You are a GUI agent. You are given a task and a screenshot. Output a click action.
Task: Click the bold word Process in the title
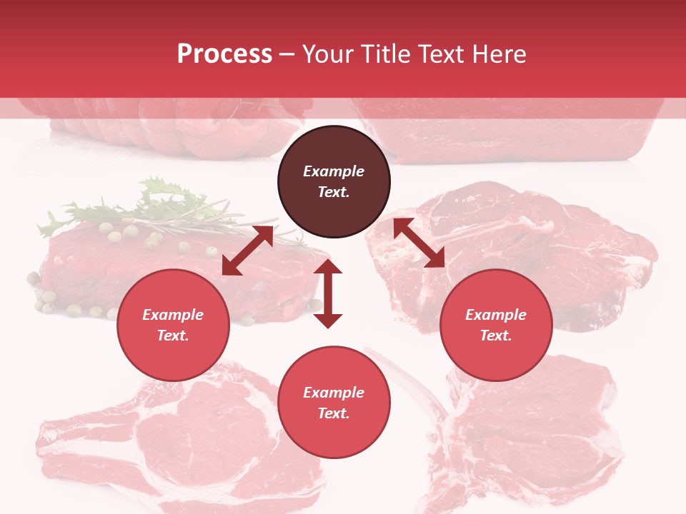[224, 54]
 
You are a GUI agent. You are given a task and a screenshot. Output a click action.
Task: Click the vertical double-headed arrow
[328, 293]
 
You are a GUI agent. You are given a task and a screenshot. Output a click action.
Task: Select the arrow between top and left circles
[247, 251]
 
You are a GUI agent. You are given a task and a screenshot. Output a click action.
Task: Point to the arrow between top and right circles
[419, 243]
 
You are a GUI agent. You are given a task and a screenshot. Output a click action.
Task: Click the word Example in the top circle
[334, 171]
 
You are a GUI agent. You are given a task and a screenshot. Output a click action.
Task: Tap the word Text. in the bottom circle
[334, 413]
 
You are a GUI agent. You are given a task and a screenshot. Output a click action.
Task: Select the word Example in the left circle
[173, 315]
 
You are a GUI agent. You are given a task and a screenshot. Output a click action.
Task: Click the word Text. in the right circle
[496, 336]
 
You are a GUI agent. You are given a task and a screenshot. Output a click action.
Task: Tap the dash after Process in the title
[287, 54]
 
